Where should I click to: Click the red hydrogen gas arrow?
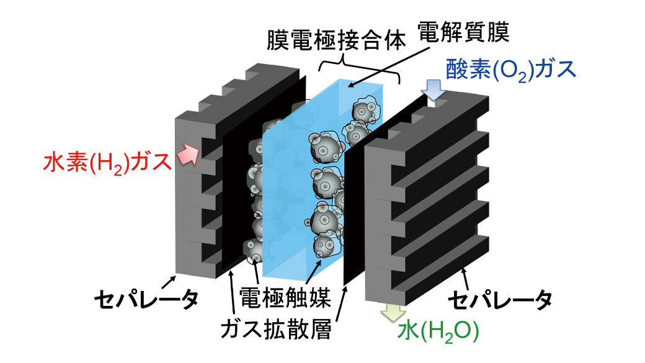(x=187, y=156)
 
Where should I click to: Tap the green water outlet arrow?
(x=391, y=312)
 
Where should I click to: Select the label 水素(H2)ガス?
(x=106, y=163)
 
